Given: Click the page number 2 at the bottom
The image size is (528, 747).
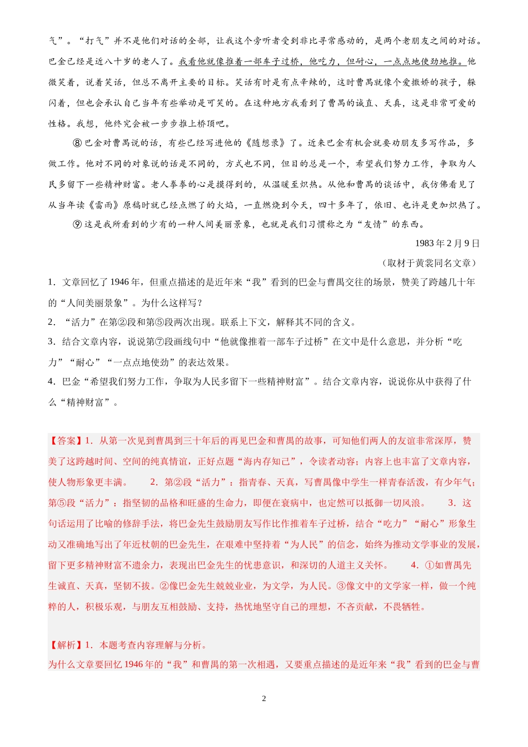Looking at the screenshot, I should [264, 699].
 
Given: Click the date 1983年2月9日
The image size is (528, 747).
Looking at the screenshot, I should [447, 243].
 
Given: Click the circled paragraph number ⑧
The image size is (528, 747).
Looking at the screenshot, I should [77, 143].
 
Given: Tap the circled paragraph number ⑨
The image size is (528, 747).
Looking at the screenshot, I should [77, 225].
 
